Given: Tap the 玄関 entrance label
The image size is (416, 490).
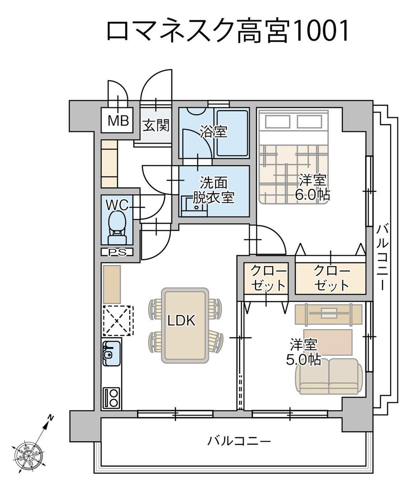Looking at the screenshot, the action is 156,125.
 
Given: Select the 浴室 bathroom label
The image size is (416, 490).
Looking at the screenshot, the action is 213,132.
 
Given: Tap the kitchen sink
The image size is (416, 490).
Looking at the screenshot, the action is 110,355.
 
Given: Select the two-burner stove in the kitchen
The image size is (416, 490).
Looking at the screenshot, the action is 111,397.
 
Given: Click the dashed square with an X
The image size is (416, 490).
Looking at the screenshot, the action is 118,320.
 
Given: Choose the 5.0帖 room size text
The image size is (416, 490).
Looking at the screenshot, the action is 304,359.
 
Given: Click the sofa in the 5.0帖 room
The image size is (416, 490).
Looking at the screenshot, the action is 329,376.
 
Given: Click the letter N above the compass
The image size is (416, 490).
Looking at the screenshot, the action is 52,417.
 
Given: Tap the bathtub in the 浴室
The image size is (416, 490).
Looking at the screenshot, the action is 231,133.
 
